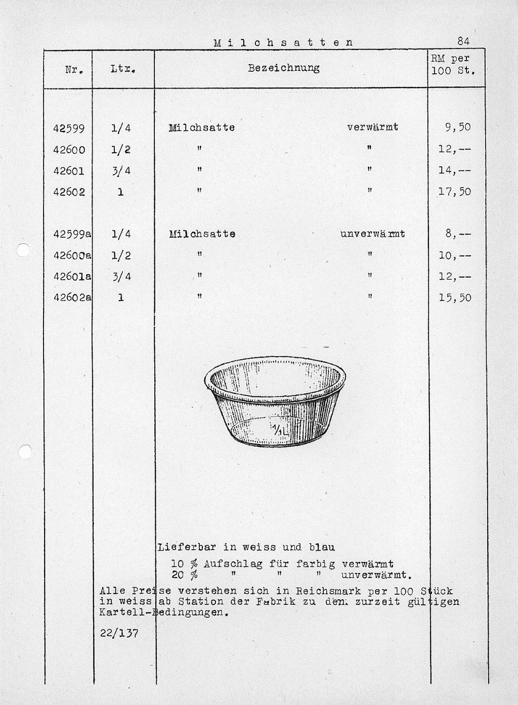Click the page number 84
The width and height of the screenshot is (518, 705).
coord(463,41)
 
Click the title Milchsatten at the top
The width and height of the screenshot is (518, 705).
coord(283,42)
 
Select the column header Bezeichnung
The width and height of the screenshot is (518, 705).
coord(284,68)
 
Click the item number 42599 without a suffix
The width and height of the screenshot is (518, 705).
coord(69,128)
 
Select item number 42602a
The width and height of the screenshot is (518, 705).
coord(72,297)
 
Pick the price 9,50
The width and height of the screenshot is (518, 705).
coord(458,127)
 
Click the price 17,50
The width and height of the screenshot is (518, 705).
coord(455,192)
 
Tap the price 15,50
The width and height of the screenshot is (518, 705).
coord(455,297)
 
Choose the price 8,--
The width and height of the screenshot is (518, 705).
coord(458,234)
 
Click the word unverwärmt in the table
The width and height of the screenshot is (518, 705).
coord(373,234)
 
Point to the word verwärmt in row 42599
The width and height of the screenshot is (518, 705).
coord(373,127)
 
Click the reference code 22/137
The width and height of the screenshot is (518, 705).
coord(119,633)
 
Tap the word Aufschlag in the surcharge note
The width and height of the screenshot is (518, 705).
coord(233,564)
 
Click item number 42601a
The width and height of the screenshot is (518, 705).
coord(72,277)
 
